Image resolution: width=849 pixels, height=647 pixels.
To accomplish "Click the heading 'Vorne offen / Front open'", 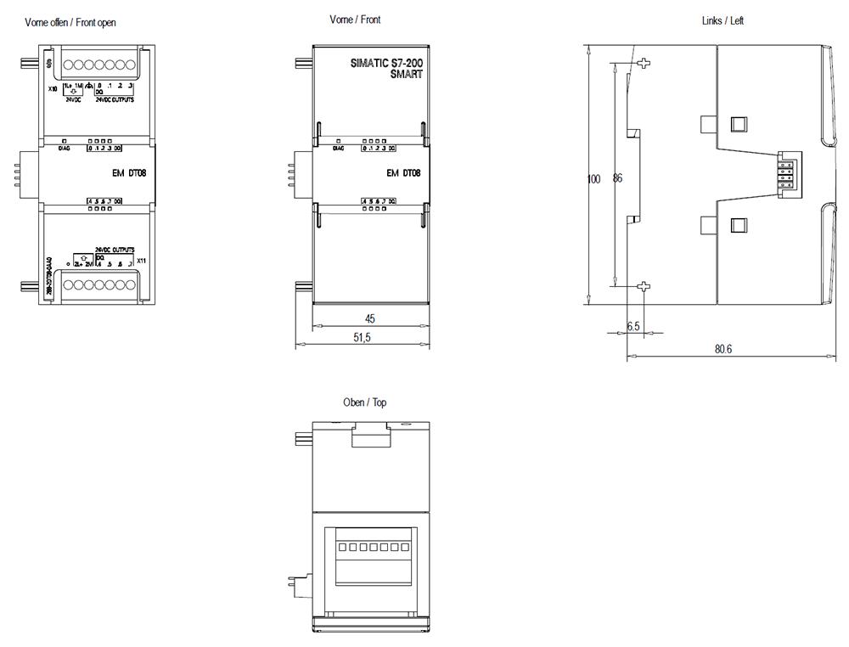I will pos(70,23).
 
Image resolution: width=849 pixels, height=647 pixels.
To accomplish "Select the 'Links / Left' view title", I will pos(722,20).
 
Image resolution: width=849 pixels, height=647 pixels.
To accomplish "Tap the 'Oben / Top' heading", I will pos(364,402).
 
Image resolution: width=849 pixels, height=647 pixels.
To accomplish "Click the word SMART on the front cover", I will pos(406,75).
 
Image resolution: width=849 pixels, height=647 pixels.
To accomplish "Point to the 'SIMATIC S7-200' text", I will pos(386,63).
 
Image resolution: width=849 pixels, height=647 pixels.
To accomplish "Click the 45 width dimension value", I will pos(370,319).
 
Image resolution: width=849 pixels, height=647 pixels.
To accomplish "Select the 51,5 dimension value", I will pos(362,338).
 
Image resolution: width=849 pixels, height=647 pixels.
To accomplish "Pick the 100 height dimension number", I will pos(594,179).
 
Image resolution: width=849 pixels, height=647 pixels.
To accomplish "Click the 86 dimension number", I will pos(617,179).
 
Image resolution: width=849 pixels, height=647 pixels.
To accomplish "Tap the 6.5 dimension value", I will pos(633,327).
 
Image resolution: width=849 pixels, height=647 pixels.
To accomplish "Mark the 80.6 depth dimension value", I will pos(722,349).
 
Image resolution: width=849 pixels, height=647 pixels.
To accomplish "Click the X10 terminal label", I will pos(53,88).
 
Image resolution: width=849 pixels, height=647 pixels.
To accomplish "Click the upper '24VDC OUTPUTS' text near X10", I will pos(115,99).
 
